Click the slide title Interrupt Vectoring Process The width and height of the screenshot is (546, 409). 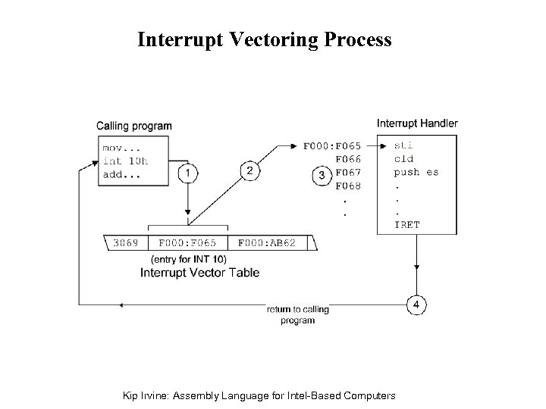pyautogui.click(x=264, y=39)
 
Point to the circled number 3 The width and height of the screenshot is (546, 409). pyautogui.click(x=322, y=175)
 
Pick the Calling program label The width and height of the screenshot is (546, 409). pyautogui.click(x=133, y=126)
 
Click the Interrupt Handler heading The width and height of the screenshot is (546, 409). pyautogui.click(x=417, y=123)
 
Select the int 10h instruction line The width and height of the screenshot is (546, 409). pyautogui.click(x=125, y=161)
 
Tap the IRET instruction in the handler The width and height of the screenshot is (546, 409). pyautogui.click(x=406, y=225)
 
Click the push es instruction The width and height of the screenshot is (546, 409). pyautogui.click(x=416, y=172)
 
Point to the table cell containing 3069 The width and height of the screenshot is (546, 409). pyautogui.click(x=126, y=243)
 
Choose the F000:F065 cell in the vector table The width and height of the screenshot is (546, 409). pyautogui.click(x=187, y=243)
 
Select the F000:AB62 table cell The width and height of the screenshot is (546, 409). pyautogui.click(x=267, y=243)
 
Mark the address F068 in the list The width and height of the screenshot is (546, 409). pyautogui.click(x=348, y=186)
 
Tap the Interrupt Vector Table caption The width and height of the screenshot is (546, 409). pyautogui.click(x=199, y=273)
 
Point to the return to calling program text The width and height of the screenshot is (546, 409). pyautogui.click(x=297, y=315)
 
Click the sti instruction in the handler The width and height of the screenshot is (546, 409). pyautogui.click(x=403, y=145)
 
